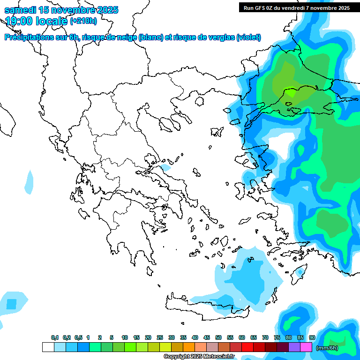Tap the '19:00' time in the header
click(x=20, y=21)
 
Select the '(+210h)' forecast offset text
click(x=83, y=21)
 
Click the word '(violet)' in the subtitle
click(x=248, y=37)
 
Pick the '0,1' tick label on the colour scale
click(x=54, y=337)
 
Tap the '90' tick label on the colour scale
click(x=312, y=337)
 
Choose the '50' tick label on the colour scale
click(x=218, y=337)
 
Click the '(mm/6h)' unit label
click(x=327, y=347)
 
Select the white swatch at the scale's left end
click(x=48, y=347)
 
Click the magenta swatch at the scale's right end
click(x=306, y=347)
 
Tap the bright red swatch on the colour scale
click(x=247, y=347)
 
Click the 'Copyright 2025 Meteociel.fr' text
click(x=199, y=356)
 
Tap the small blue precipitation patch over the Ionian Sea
click(x=29, y=182)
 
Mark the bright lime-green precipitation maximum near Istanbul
click(x=291, y=92)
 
